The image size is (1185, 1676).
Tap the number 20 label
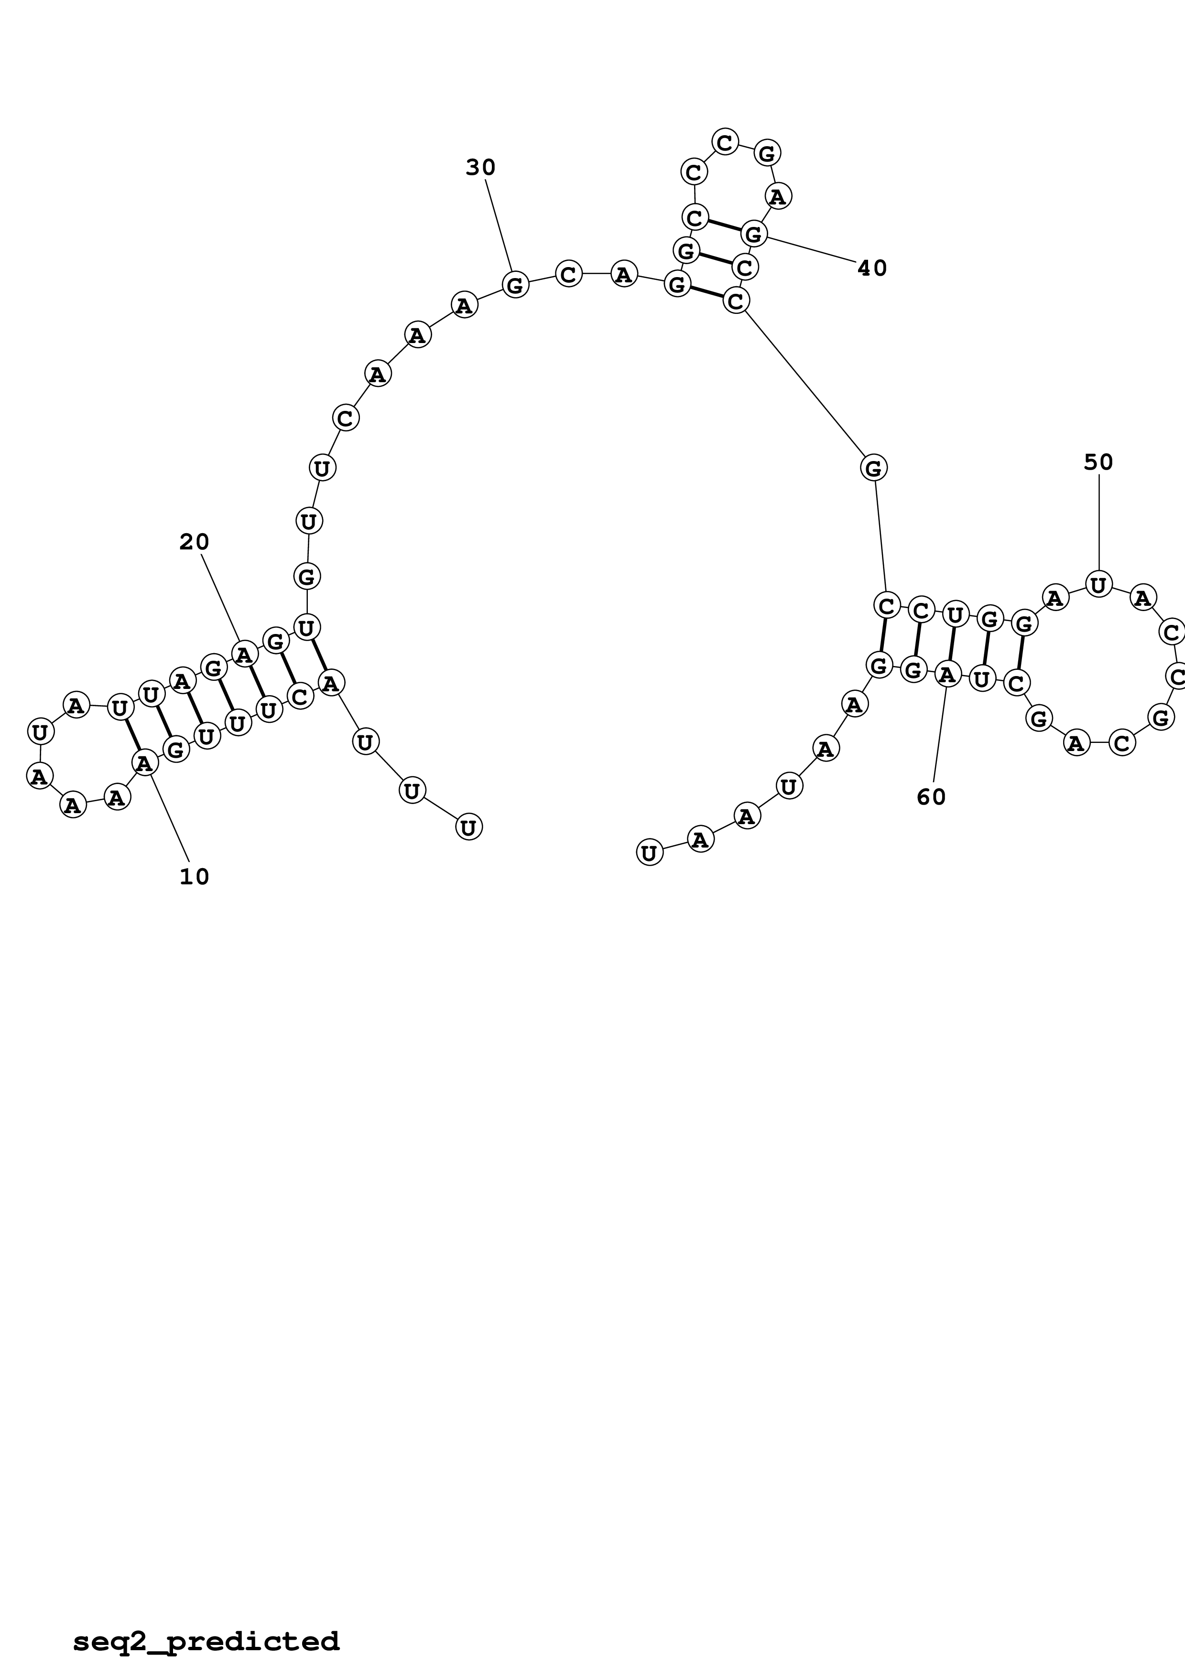pos(194,542)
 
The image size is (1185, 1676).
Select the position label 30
pos(480,168)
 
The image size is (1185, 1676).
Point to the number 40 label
pos(872,269)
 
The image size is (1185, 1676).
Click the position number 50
pos(1098,462)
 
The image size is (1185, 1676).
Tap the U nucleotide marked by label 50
pos(1098,584)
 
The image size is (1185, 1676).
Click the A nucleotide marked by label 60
pos(947,675)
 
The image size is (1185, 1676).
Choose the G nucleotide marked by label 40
pos(753,234)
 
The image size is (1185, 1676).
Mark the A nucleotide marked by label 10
pos(144,763)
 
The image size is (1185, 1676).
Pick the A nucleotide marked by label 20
pos(244,654)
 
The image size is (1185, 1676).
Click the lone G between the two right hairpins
pos(873,467)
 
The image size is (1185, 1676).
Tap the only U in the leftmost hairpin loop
pos(40,731)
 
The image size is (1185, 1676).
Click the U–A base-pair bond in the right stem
pos(951,645)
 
